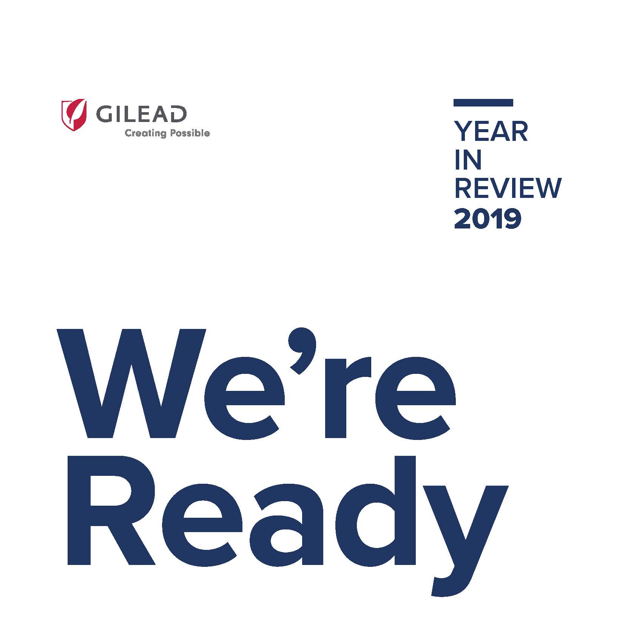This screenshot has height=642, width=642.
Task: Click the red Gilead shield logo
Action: pos(74,115)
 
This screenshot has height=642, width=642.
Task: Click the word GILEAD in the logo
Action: pos(141,114)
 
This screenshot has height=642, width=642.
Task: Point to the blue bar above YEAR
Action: pos(483,103)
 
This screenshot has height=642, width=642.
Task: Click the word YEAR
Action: pos(491,131)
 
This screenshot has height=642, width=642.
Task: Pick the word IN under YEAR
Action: pos(468,160)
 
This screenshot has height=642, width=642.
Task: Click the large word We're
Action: pos(256,383)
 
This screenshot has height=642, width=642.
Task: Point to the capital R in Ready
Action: pos(111,510)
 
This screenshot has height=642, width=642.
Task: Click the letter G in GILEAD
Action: pos(104,114)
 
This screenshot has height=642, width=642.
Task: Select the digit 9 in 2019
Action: pos(513,219)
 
